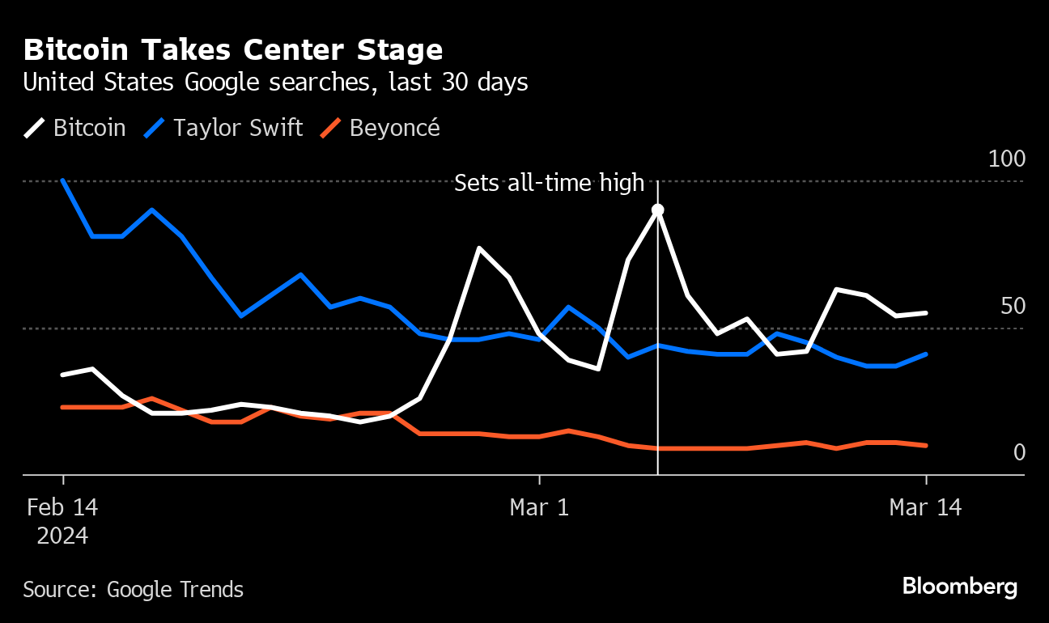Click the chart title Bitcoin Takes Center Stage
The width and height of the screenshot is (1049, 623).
(x=233, y=50)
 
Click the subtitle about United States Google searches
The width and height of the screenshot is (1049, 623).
(x=275, y=83)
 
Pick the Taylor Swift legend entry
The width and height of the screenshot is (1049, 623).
(x=223, y=128)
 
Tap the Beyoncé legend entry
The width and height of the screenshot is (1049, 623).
(x=380, y=128)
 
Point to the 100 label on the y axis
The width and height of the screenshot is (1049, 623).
(x=1007, y=159)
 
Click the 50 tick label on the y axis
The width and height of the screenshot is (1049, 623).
(x=1013, y=307)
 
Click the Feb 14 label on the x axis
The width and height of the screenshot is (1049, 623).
(x=62, y=507)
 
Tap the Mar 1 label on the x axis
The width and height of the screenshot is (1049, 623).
(x=538, y=507)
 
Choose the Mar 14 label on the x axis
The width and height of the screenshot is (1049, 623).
(x=925, y=507)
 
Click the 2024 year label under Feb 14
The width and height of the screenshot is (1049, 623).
(x=62, y=536)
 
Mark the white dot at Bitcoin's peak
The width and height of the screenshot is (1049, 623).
(x=658, y=210)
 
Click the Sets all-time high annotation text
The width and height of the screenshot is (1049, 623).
(x=549, y=183)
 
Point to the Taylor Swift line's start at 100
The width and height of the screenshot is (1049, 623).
(x=63, y=180)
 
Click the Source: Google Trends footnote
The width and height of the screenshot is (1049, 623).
(x=133, y=589)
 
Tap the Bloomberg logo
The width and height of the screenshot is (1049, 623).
(x=959, y=587)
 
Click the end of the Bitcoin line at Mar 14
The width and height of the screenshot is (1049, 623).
(x=925, y=313)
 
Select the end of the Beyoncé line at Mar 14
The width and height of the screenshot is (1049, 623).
(x=925, y=445)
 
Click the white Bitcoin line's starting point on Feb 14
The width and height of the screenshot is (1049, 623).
(x=63, y=375)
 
